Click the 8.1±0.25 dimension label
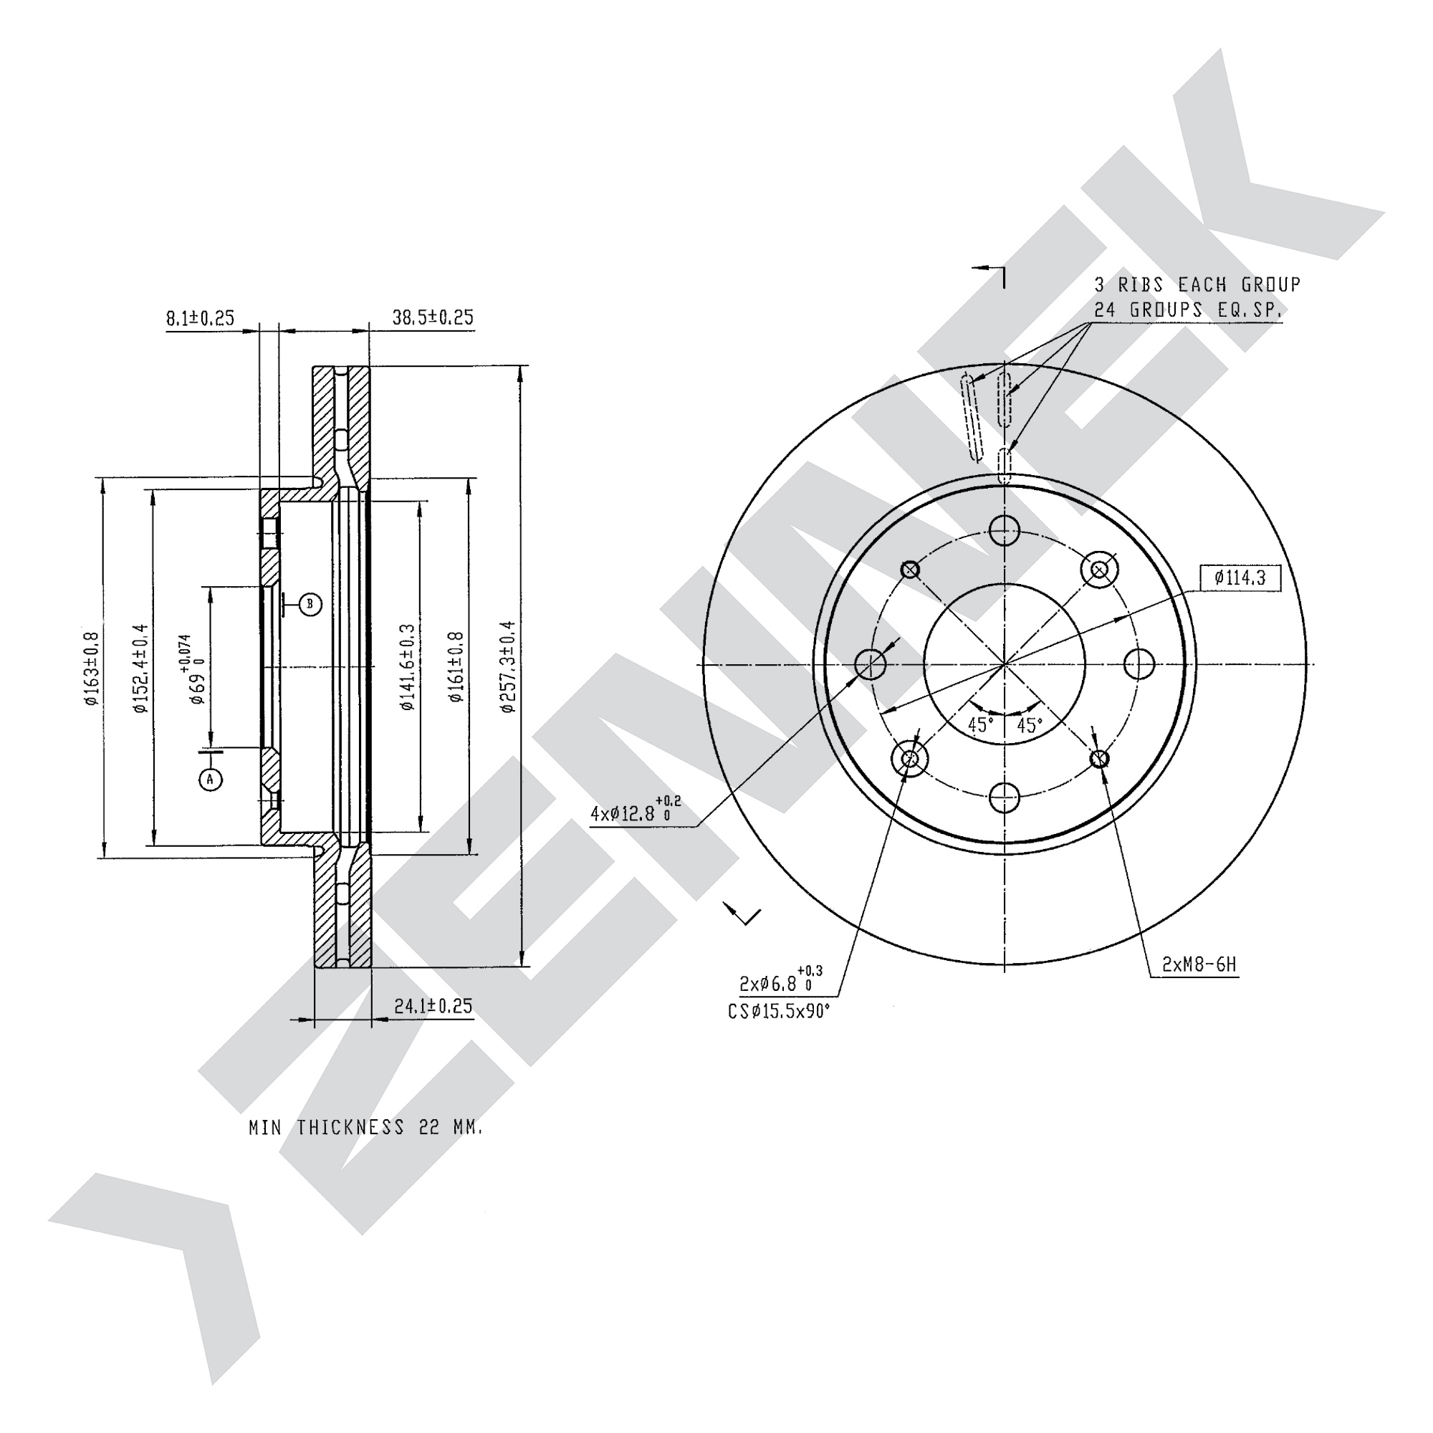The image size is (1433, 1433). (x=199, y=318)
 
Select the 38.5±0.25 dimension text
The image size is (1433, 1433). (x=433, y=317)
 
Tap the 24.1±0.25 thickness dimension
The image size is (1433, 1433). (x=433, y=1007)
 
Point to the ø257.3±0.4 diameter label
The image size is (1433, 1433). (x=508, y=667)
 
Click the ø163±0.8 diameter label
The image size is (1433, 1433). (x=91, y=668)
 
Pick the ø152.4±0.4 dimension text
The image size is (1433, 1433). (x=141, y=668)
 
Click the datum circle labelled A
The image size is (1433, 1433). (x=211, y=779)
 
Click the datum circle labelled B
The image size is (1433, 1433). (x=311, y=605)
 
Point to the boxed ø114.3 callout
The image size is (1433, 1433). (x=1240, y=577)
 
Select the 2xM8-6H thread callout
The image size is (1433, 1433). (x=1199, y=964)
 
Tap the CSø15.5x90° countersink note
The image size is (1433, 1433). (x=779, y=1011)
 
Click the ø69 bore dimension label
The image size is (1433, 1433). (x=193, y=671)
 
